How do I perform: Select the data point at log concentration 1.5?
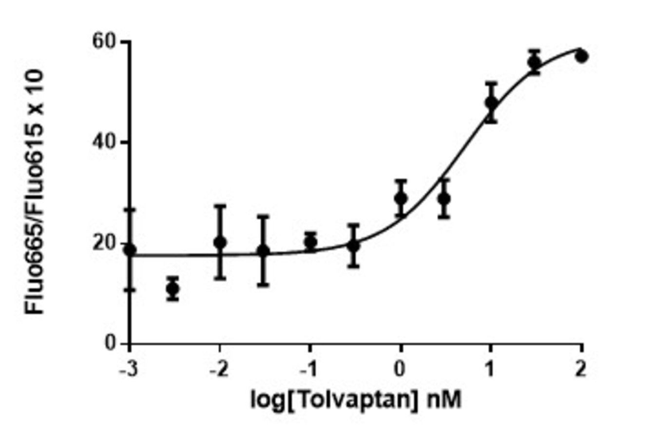pos(535,62)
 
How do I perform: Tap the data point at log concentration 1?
pos(491,103)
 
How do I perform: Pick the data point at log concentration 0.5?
pos(443,199)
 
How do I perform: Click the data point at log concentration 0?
pos(401,199)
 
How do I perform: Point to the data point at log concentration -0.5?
pos(354,246)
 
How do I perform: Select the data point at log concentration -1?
pos(310,241)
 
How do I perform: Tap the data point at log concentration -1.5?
pos(263,251)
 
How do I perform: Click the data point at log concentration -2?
pos(220,242)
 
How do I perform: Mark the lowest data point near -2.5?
pos(173,289)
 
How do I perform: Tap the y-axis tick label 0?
pos(111,343)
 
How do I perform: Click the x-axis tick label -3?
pos(128,370)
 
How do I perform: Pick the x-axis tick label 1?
pos(491,370)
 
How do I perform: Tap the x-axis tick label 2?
pos(581,370)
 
